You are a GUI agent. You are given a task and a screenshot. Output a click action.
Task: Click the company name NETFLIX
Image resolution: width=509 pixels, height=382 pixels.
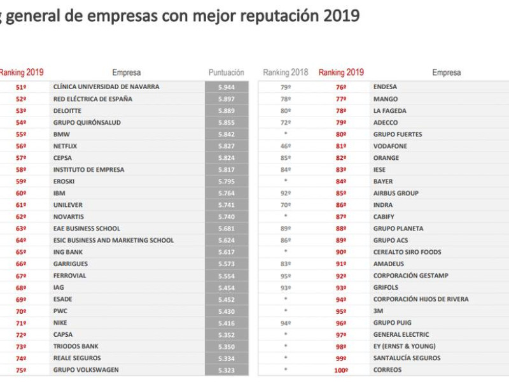pyautogui.click(x=65, y=146)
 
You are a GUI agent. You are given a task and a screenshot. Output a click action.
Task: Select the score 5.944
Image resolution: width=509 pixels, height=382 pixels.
pyautogui.click(x=226, y=87)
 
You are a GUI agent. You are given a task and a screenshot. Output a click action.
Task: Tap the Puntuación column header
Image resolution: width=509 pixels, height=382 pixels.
pyautogui.click(x=226, y=73)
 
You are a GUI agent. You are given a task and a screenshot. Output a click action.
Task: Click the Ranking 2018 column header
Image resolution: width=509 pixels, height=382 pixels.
pyautogui.click(x=285, y=73)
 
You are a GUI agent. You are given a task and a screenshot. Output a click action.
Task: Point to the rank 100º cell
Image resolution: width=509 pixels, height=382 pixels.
pyautogui.click(x=341, y=370)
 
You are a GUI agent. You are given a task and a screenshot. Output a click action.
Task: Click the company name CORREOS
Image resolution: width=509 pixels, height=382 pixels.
pyautogui.click(x=387, y=370)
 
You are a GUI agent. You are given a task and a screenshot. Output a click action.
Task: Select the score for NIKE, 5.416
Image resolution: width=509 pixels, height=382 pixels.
pyautogui.click(x=226, y=323)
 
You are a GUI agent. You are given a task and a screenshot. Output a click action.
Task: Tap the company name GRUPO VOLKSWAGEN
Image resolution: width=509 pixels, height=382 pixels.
pyautogui.click(x=86, y=370)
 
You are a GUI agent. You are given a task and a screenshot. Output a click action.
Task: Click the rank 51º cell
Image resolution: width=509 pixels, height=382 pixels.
pyautogui.click(x=21, y=87)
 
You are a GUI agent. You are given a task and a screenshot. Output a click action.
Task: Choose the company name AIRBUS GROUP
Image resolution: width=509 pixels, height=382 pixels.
pyautogui.click(x=396, y=193)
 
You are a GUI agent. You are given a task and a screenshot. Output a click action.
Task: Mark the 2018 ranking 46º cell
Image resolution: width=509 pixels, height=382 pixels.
pyautogui.click(x=285, y=146)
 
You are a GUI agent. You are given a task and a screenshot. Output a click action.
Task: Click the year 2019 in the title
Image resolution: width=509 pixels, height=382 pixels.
pyautogui.click(x=340, y=16)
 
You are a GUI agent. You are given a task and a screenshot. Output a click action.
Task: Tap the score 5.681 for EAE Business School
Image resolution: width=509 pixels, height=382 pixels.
pyautogui.click(x=226, y=229)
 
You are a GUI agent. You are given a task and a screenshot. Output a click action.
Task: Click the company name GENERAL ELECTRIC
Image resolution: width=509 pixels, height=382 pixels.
pyautogui.click(x=401, y=334)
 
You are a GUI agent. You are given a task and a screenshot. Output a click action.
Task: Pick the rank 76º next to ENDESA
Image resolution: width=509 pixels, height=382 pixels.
pyautogui.click(x=341, y=87)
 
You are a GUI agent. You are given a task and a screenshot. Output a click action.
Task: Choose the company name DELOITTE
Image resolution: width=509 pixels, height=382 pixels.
pyautogui.click(x=67, y=110)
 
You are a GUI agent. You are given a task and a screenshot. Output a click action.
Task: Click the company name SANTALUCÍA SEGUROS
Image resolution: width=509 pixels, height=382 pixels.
pyautogui.click(x=407, y=358)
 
